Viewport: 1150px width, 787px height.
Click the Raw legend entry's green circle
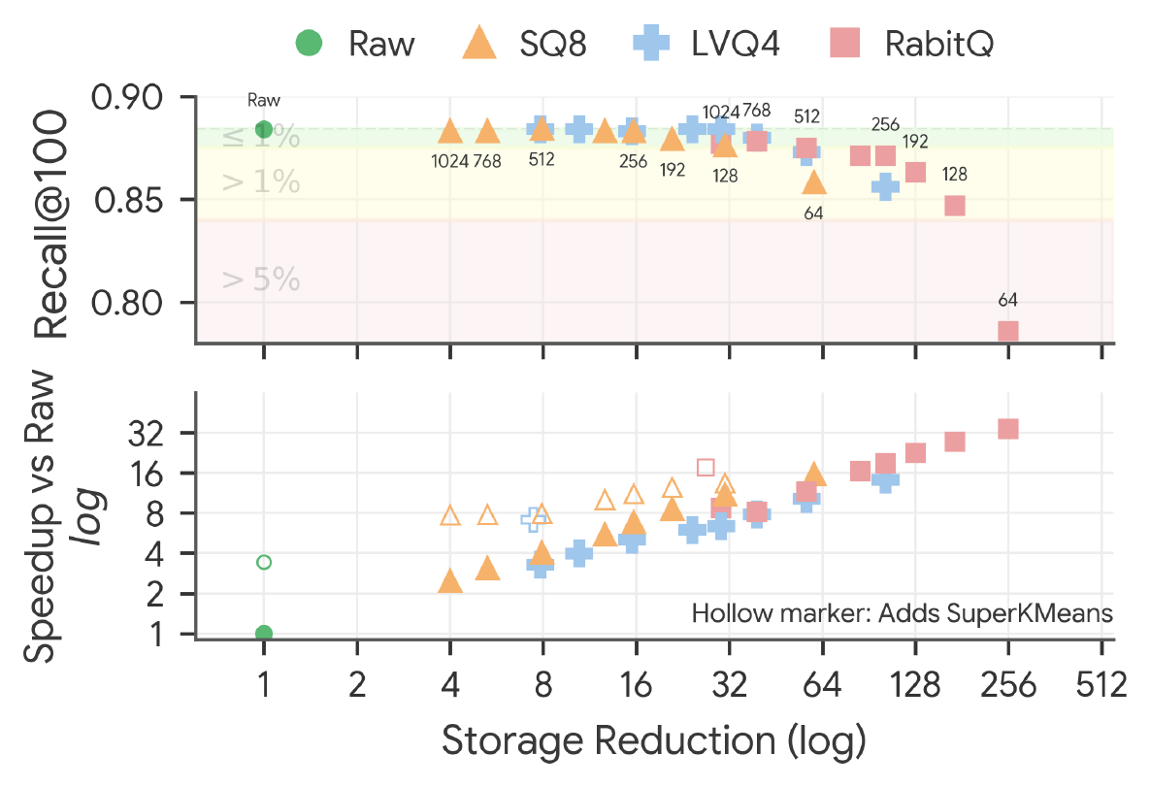(x=309, y=43)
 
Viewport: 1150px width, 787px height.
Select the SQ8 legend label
(x=553, y=44)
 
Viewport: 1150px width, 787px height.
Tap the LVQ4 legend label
(x=735, y=44)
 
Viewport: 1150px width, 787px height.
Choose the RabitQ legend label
(x=939, y=44)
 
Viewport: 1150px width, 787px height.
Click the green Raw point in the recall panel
(x=264, y=130)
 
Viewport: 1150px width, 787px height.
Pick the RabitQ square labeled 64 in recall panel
(x=1008, y=332)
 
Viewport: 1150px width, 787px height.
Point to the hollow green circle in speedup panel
(x=264, y=563)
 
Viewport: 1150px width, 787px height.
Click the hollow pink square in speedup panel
(x=706, y=467)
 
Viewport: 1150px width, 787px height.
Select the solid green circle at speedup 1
(x=264, y=633)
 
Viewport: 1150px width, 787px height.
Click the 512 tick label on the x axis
(x=1101, y=685)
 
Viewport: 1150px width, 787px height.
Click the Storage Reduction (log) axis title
(x=654, y=740)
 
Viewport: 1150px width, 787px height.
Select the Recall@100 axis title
(x=51, y=224)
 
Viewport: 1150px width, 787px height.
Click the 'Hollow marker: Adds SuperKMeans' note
(x=903, y=613)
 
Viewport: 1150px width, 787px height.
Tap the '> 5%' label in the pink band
(x=261, y=279)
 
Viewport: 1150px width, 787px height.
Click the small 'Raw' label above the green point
(x=264, y=100)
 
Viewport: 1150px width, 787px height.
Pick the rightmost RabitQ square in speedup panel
(x=1008, y=429)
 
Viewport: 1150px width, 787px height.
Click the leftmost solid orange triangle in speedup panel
(x=450, y=581)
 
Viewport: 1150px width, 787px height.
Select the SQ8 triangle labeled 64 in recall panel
(x=813, y=182)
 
